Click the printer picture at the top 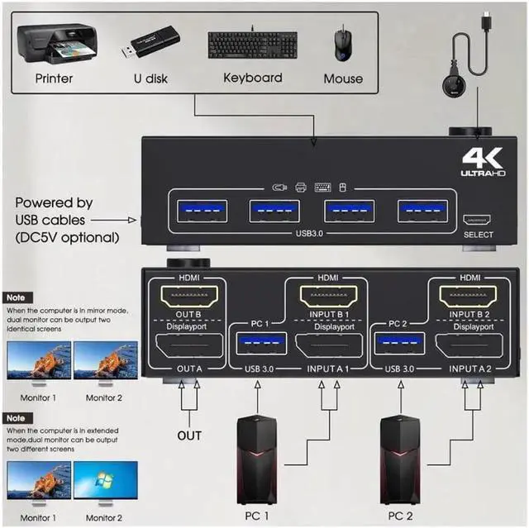click(x=57, y=44)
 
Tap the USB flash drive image click(x=150, y=42)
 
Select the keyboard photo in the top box click(x=252, y=44)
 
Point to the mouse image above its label click(x=343, y=45)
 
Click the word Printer click(x=54, y=78)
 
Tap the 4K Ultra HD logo click(x=483, y=163)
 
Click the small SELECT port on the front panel click(x=477, y=220)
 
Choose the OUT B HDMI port click(x=189, y=296)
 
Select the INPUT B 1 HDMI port click(x=328, y=296)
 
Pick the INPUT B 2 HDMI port click(x=468, y=296)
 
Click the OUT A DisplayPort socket click(x=189, y=345)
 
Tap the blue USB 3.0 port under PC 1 click(x=261, y=343)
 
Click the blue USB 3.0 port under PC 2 click(x=400, y=343)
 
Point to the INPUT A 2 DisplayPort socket click(x=469, y=345)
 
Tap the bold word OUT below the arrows click(x=189, y=435)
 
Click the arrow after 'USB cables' click(x=113, y=220)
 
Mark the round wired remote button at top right click(x=454, y=88)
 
